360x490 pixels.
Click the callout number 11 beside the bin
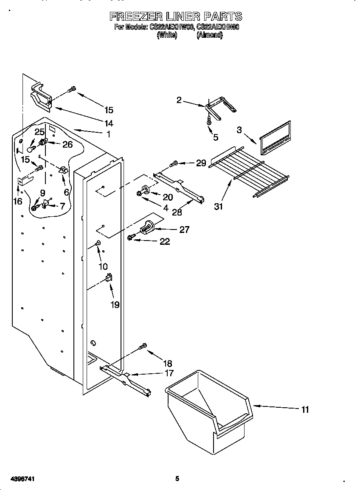click(x=305, y=409)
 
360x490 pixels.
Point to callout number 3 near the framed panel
click(x=239, y=130)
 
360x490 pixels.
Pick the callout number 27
click(x=184, y=230)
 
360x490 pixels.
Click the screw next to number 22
click(x=131, y=238)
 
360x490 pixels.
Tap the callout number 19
click(x=115, y=305)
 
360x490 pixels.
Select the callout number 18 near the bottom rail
click(x=167, y=364)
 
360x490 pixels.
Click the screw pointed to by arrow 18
click(x=143, y=346)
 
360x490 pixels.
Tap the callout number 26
click(x=67, y=145)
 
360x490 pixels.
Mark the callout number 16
click(x=17, y=201)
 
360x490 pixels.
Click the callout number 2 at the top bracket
click(x=179, y=100)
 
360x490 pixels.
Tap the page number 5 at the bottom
click(x=177, y=479)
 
